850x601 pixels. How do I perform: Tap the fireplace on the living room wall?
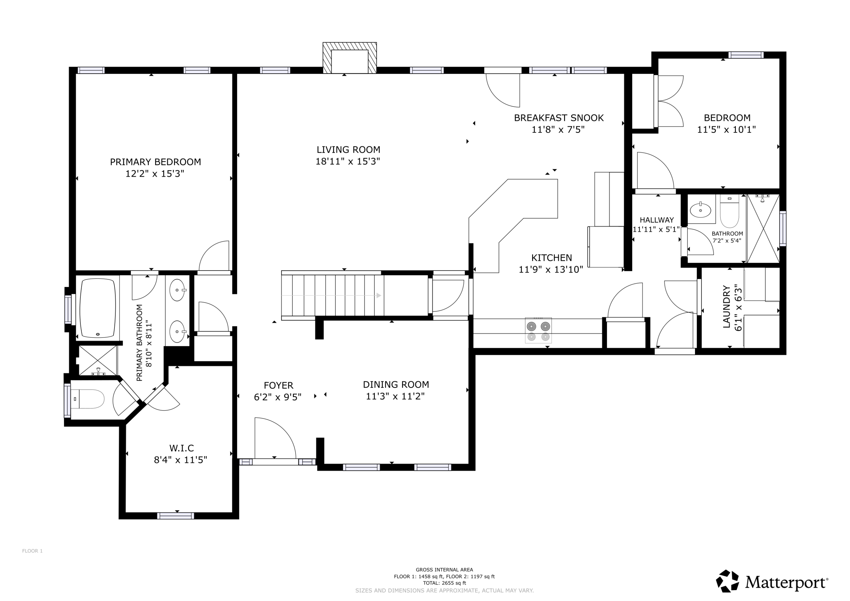[349, 58]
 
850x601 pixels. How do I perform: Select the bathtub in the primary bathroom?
[98, 308]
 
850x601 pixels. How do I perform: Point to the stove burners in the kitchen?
[538, 330]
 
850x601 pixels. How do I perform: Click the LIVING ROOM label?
[348, 150]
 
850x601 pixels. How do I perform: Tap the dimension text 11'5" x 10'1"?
[726, 129]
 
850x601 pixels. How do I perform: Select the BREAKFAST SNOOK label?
[559, 118]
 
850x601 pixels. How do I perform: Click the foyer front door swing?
[275, 438]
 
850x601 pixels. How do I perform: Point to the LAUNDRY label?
[726, 307]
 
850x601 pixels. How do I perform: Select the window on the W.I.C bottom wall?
[175, 516]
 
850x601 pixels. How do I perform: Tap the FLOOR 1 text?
[32, 551]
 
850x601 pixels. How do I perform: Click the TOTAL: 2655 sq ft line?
[444, 583]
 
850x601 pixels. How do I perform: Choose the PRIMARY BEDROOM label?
[156, 162]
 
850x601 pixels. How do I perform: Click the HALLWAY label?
[657, 220]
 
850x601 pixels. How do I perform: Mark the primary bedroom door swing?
[214, 256]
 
